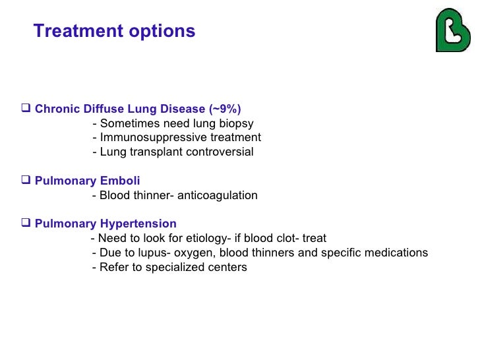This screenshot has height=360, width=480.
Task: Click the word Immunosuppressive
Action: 144,137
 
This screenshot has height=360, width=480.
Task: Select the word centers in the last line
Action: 227,267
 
